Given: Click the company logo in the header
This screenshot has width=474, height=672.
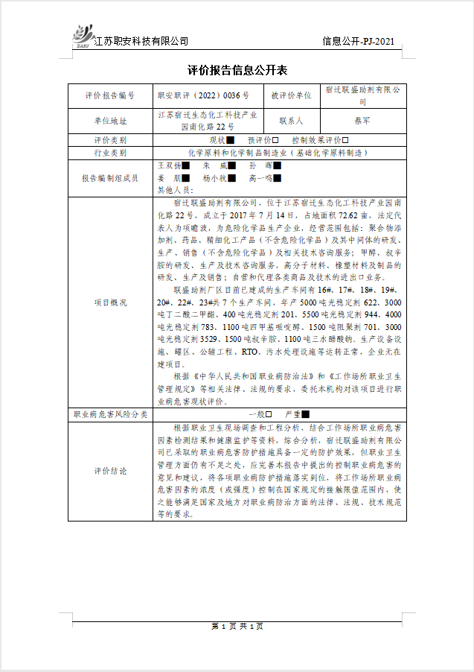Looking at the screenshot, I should [81, 35].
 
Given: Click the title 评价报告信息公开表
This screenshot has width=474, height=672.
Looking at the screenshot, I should [237, 71].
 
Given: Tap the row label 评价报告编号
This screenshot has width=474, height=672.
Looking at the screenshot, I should [111, 95].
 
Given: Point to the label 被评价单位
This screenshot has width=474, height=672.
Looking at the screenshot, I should [291, 95].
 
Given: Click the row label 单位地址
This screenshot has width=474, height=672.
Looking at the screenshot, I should [111, 120].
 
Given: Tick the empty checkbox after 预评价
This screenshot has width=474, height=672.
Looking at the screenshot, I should [275, 140].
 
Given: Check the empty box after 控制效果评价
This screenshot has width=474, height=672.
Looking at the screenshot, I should [345, 140].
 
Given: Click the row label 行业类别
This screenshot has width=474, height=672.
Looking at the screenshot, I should [111, 152].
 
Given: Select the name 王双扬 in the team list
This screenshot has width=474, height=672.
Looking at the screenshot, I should [170, 165].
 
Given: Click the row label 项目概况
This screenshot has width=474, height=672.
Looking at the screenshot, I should [111, 302].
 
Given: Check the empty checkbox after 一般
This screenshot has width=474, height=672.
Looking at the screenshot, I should [268, 413].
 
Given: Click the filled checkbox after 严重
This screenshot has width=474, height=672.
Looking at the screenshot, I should [305, 413].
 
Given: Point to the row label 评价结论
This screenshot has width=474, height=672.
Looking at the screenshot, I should [111, 471].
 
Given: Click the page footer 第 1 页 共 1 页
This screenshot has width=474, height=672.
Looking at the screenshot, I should [237, 626].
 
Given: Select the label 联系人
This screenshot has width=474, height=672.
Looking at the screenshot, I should [291, 120].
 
